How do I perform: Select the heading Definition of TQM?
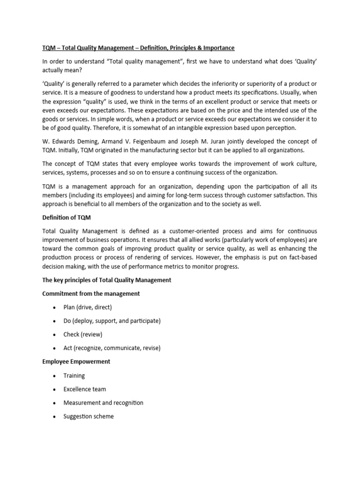coord(63,217)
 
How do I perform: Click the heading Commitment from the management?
coord(91,293)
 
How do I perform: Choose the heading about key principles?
coord(106,280)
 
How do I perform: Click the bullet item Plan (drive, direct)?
coord(88,307)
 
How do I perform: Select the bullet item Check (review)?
coord(82,335)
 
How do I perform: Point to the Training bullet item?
coord(74,375)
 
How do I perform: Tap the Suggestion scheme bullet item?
coord(89,416)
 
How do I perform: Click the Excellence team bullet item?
coord(85,389)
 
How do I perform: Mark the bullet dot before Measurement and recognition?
coord(55,403)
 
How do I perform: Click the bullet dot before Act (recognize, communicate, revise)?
coord(55,349)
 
